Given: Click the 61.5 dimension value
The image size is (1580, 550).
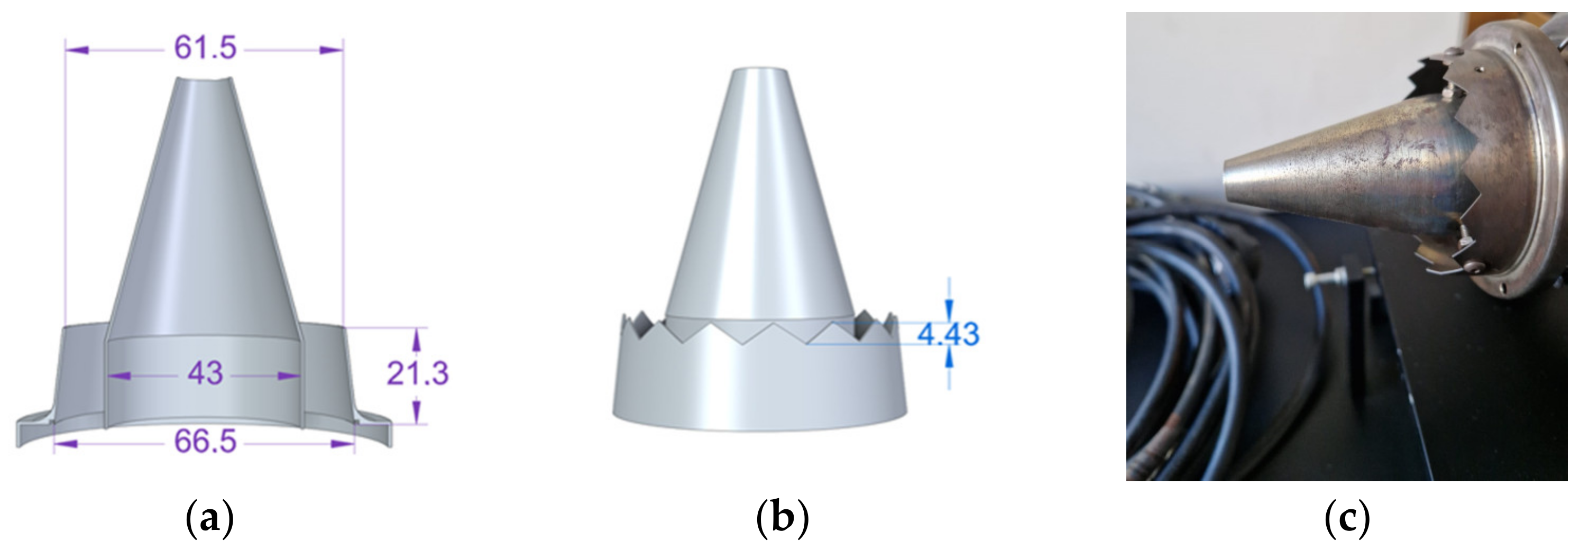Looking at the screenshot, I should pyautogui.click(x=205, y=47).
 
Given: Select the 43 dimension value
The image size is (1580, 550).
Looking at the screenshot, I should pyautogui.click(x=205, y=373).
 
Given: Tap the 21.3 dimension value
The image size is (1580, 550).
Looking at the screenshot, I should pyautogui.click(x=418, y=373).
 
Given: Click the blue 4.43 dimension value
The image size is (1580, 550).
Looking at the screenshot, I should pyautogui.click(x=948, y=334).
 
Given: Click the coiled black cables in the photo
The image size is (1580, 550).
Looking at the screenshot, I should pyautogui.click(x=1190, y=343).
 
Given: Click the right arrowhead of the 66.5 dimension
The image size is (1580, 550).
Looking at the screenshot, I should pyautogui.click(x=344, y=443).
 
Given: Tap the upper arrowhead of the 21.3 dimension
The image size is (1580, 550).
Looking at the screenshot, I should pyautogui.click(x=417, y=337).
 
